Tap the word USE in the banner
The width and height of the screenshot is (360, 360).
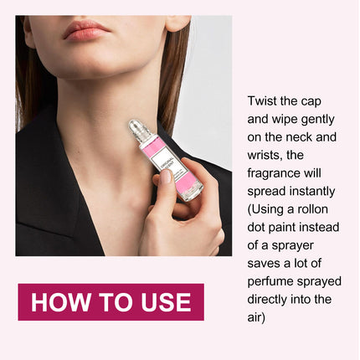(x=166, y=302)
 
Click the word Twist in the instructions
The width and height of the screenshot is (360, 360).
(x=262, y=101)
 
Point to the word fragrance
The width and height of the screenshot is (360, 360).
(x=272, y=174)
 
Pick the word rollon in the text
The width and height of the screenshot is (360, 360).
(x=312, y=209)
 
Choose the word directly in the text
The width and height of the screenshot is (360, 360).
(x=267, y=300)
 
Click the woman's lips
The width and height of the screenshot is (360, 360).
(x=85, y=30)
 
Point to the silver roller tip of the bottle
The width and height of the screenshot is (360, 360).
(x=136, y=127)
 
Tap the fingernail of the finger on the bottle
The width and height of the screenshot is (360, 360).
(x=165, y=177)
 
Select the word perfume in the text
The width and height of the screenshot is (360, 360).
(x=270, y=282)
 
